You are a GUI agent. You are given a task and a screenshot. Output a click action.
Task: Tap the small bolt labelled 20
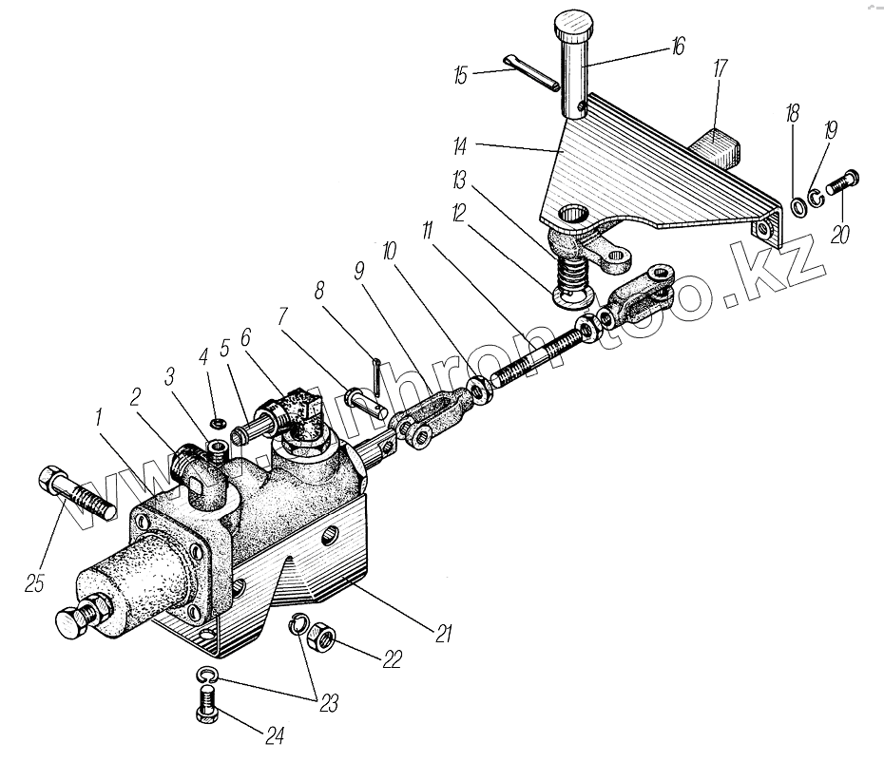(843, 182)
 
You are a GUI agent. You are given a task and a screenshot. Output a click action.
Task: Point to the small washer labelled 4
(218, 421)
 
